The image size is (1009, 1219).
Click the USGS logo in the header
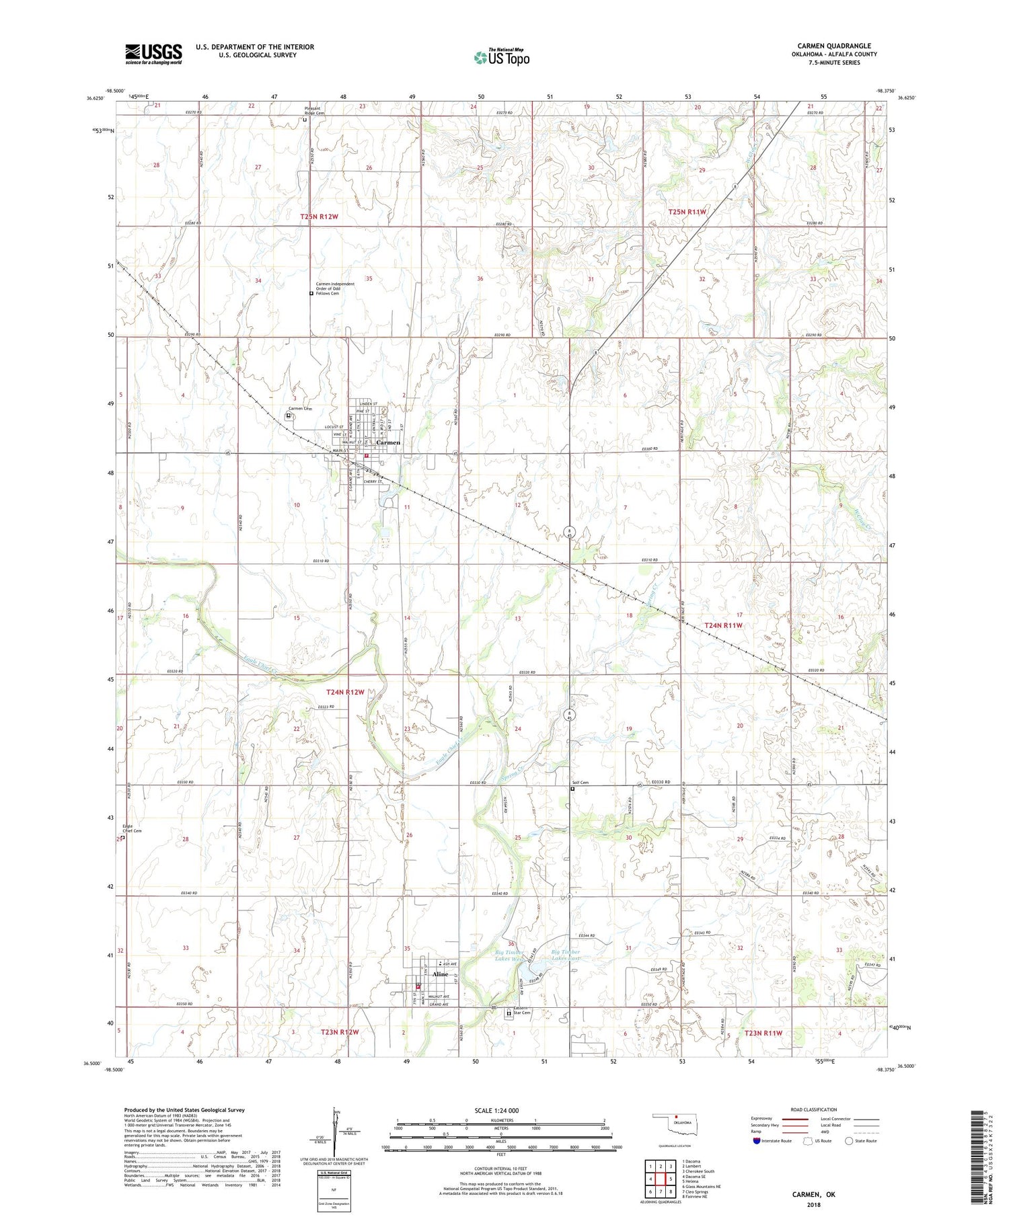(x=153, y=54)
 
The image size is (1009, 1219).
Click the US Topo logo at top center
(x=502, y=58)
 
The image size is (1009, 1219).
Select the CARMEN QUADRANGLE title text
(x=833, y=46)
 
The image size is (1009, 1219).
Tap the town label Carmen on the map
(x=388, y=442)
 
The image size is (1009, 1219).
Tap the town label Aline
(x=441, y=974)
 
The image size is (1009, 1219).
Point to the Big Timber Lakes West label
(x=509, y=956)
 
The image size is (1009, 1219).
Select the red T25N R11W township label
(x=687, y=212)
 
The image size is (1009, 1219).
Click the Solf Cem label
(x=580, y=783)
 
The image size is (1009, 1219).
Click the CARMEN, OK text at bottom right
(x=813, y=1194)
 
